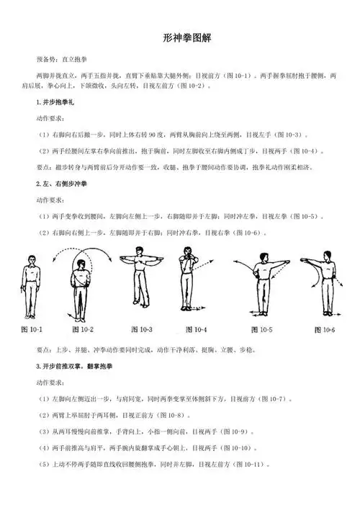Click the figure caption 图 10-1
tap(30, 330)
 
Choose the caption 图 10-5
tap(259, 330)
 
